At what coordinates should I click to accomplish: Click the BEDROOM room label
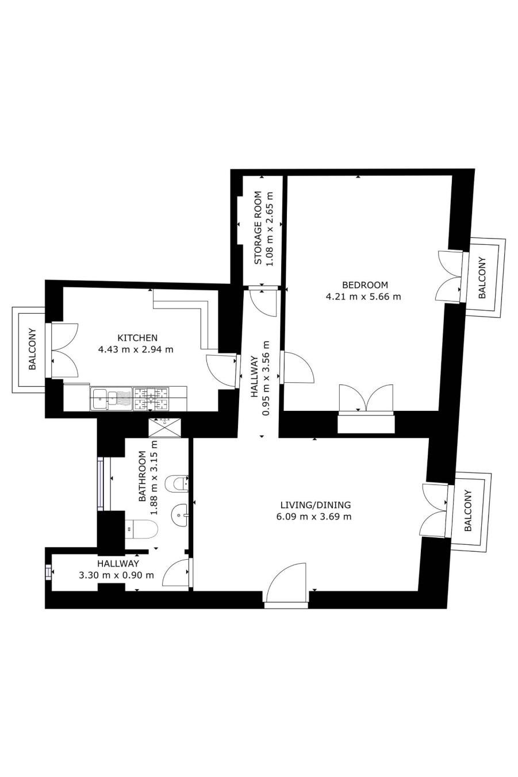point(364,285)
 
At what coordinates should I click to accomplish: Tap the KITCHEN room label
point(137,337)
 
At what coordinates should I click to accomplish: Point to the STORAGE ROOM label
point(258,228)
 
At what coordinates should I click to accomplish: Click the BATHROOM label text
point(142,476)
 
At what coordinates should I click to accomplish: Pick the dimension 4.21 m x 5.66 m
point(363,297)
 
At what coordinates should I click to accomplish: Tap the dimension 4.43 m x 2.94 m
point(136,349)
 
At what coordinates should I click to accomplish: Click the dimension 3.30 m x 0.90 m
point(116,575)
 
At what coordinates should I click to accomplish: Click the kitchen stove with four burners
point(151,399)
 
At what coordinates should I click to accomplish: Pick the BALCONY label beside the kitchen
point(32,349)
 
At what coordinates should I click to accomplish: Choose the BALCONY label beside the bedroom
point(482,278)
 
